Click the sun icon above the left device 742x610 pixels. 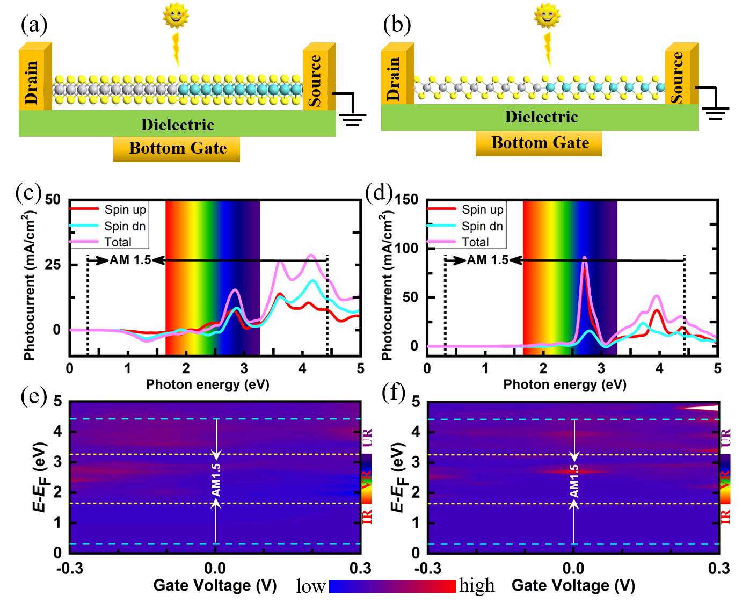(176, 15)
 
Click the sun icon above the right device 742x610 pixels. (547, 15)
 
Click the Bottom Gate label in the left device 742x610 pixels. (177, 148)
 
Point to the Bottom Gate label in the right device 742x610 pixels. (540, 143)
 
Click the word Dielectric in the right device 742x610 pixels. (541, 117)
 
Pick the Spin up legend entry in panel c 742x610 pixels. (125, 209)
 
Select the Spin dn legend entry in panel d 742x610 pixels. (482, 226)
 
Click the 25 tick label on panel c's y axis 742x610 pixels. (53, 265)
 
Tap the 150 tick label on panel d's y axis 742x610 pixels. (406, 200)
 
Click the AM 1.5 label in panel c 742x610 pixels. (130, 260)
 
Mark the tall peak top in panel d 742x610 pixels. (584, 258)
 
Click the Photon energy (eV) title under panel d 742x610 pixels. (565, 384)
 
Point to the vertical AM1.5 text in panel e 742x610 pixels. (216, 480)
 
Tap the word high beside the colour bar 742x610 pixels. (477, 585)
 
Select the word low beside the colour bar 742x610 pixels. (311, 586)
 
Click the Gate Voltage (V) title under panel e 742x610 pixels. (215, 585)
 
